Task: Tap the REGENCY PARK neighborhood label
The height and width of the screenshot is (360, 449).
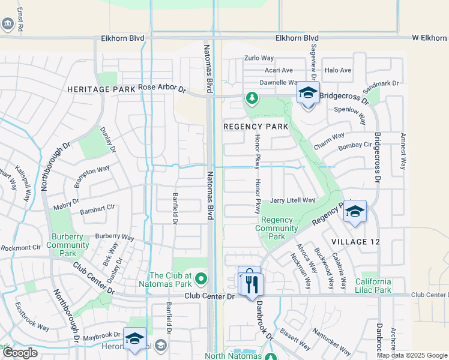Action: click(x=256, y=127)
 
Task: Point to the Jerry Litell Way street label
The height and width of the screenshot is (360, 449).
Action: click(x=292, y=200)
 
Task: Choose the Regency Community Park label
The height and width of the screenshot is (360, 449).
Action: click(x=276, y=228)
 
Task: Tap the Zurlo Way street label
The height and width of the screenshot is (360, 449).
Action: click(x=259, y=58)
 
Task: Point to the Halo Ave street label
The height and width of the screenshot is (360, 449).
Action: click(x=337, y=70)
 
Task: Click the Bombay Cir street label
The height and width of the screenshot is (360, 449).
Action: click(x=355, y=145)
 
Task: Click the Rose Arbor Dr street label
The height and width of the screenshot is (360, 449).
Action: click(x=162, y=88)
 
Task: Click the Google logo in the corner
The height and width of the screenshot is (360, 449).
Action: click(x=20, y=353)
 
